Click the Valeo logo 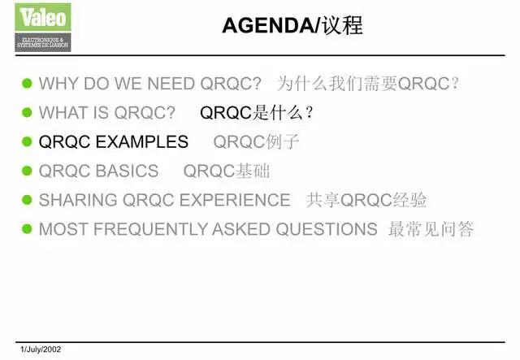click(x=43, y=27)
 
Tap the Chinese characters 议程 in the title click(x=341, y=26)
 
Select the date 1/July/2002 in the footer click(x=41, y=349)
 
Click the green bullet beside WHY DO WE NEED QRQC click(x=27, y=84)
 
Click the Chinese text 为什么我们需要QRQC click(x=368, y=84)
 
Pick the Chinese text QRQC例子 click(x=256, y=142)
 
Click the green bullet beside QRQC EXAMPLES click(x=27, y=142)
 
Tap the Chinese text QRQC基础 click(x=227, y=171)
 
